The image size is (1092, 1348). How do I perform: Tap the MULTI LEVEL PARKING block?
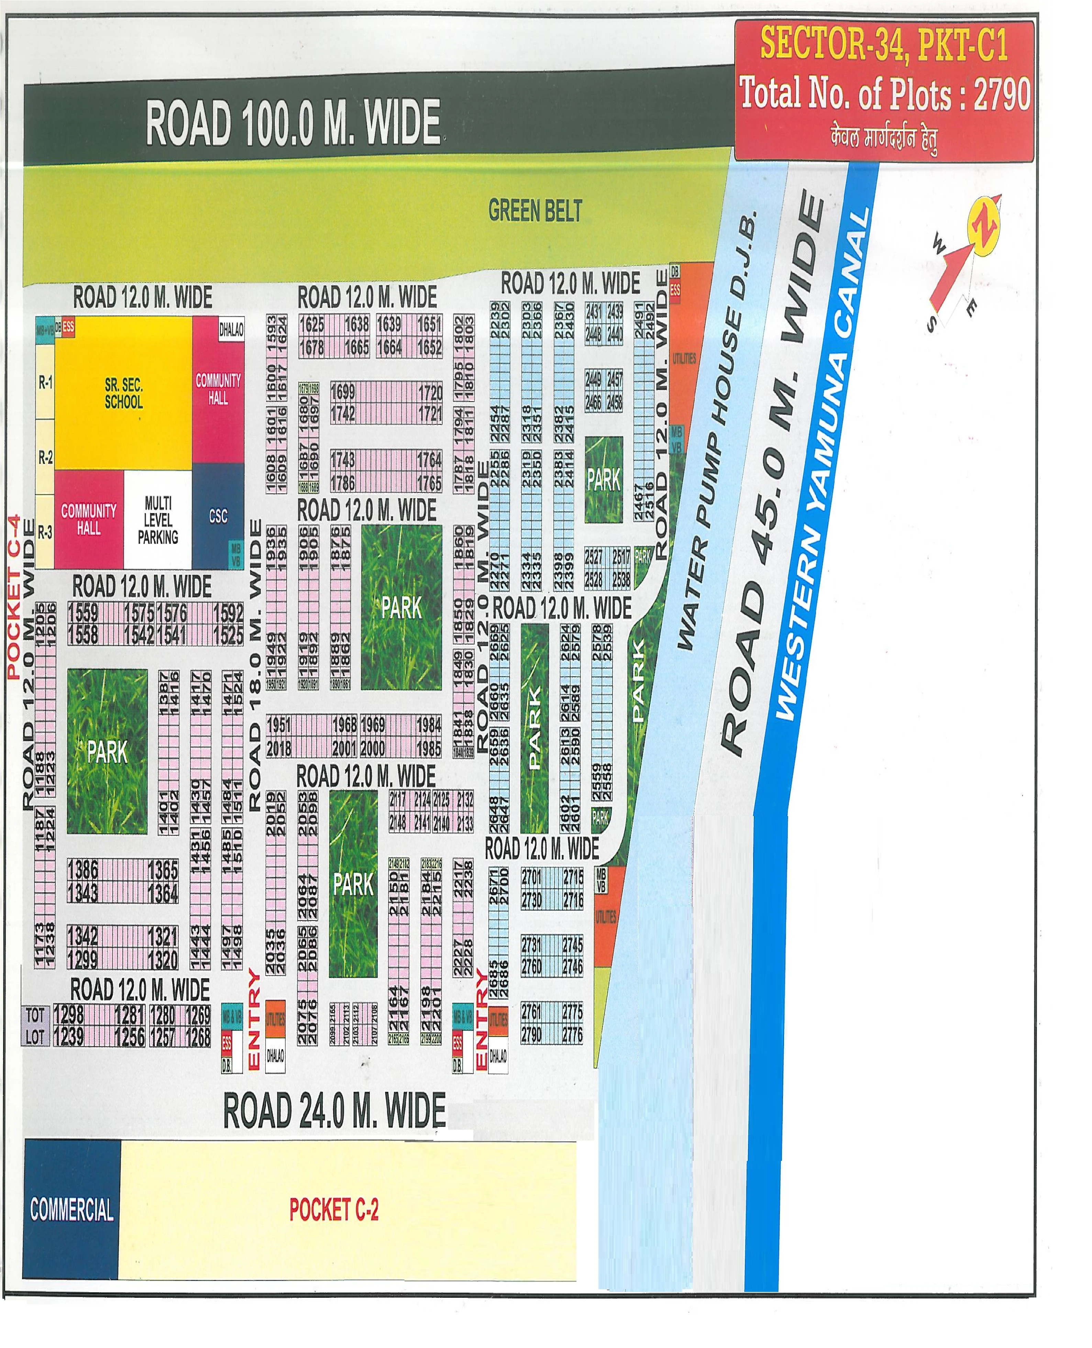(x=158, y=520)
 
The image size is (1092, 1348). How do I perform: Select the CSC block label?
(x=218, y=516)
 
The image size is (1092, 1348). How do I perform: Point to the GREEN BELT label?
(x=535, y=211)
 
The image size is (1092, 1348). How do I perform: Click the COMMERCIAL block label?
(x=72, y=1209)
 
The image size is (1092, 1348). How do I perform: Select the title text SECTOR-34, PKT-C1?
(x=884, y=44)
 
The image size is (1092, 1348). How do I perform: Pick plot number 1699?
(x=343, y=392)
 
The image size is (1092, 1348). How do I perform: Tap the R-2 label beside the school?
(x=45, y=457)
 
